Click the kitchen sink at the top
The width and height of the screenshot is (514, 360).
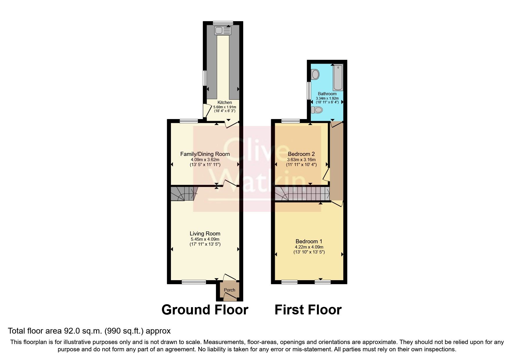pyautogui.click(x=223, y=30)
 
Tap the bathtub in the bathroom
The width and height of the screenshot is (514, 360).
pyautogui.click(x=338, y=78)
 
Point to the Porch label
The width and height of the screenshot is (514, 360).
pyautogui.click(x=229, y=290)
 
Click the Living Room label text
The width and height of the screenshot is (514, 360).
pyautogui.click(x=205, y=233)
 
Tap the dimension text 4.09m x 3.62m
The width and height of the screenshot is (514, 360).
pyautogui.click(x=205, y=160)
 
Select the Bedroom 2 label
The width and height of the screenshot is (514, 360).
pyautogui.click(x=301, y=154)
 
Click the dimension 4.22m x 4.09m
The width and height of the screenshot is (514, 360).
pyautogui.click(x=309, y=247)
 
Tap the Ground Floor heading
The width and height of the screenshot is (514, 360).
pyautogui.click(x=205, y=310)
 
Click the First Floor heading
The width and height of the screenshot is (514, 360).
pyautogui.click(x=308, y=310)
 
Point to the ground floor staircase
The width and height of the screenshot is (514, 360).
pyautogui.click(x=183, y=194)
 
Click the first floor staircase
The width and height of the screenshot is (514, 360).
pyautogui.click(x=302, y=194)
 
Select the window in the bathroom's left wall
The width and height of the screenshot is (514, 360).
pyautogui.click(x=309, y=91)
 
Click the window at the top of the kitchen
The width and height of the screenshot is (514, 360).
pyautogui.click(x=223, y=23)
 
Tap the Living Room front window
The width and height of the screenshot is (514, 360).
pyautogui.click(x=194, y=282)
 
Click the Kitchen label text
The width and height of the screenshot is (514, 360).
pyautogui.click(x=225, y=102)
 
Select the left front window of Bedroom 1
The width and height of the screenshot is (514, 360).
pyautogui.click(x=290, y=282)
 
